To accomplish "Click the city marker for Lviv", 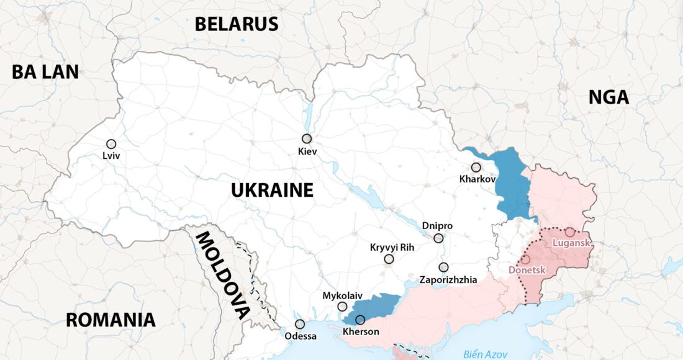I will pos(111,144).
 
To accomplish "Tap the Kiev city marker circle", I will pos(307,139).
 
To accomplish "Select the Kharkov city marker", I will pos(476,168).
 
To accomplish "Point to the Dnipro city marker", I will pos(438,238).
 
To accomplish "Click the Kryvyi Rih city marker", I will pos(389,259).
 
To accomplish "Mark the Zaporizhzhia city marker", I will pos(443,268).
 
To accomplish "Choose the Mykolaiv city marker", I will pos(342,307).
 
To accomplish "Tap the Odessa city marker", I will pos(300,324).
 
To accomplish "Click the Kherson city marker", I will pos(360,320).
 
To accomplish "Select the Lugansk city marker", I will pos(569,232).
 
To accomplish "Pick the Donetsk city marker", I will pos(525,259).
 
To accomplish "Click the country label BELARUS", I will pos(236,24).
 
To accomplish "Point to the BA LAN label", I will pos(45,72).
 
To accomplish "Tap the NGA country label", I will pos(608,97).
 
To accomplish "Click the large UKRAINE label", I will pos(272,190).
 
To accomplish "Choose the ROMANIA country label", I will pos(111,320).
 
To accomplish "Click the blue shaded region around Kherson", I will pos(376,306).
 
